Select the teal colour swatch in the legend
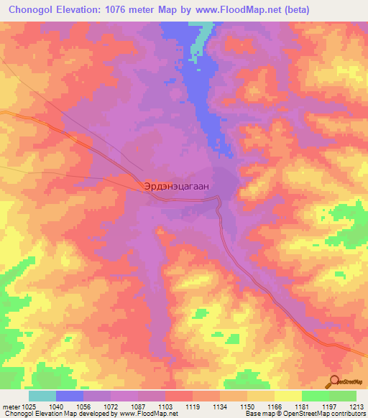pos(42,396)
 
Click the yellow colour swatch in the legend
pos(287,396)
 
